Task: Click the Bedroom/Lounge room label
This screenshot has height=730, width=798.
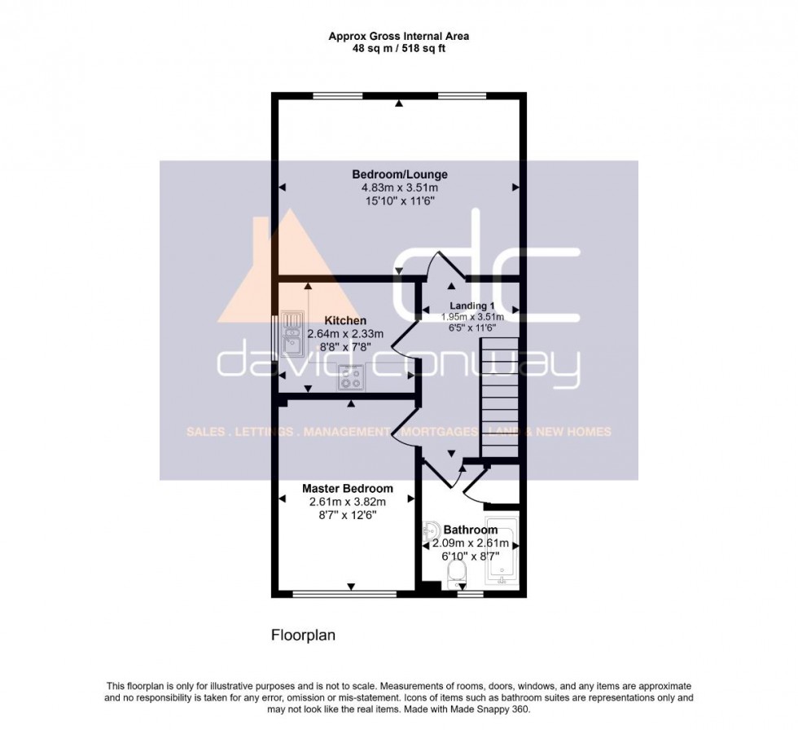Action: (399, 174)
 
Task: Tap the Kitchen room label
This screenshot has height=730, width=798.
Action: (344, 320)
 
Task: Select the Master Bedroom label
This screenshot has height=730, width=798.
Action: (347, 488)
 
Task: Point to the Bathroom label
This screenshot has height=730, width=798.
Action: (470, 530)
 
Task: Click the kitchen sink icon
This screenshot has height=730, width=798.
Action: (291, 334)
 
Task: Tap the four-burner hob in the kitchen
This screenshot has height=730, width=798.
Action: (352, 376)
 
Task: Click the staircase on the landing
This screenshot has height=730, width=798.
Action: (498, 398)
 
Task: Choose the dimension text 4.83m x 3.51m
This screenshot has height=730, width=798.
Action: (399, 188)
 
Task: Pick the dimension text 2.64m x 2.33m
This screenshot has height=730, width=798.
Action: (344, 334)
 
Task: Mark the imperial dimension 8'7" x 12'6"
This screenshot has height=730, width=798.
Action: (347, 515)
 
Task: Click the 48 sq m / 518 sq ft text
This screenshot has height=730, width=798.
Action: (399, 49)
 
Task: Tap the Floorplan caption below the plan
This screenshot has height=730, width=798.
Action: (304, 632)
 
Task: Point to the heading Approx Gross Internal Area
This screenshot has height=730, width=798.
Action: (399, 36)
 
